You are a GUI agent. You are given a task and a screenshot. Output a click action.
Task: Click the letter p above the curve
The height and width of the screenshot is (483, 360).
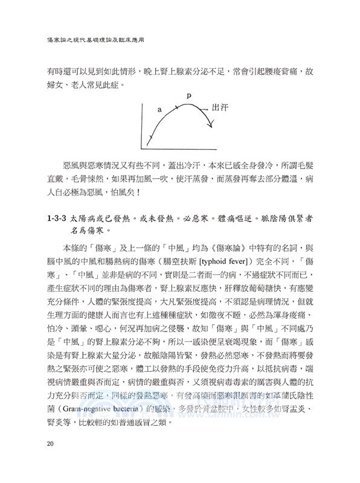click(x=188, y=95)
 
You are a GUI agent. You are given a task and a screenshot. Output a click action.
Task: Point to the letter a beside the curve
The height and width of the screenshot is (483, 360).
click(x=159, y=110)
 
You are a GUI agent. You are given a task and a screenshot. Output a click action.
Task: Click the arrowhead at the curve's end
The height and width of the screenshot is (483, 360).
click(x=210, y=125)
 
